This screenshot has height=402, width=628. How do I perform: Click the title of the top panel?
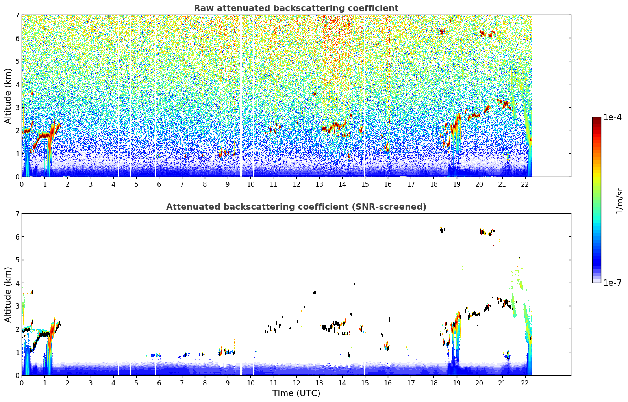[x=296, y=8]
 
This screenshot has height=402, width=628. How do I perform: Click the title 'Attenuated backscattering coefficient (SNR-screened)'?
[x=296, y=207]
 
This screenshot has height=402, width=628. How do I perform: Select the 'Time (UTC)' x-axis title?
[x=296, y=393]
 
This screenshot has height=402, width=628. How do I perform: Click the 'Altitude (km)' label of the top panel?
[x=8, y=96]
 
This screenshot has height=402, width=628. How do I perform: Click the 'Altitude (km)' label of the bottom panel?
[x=8, y=294]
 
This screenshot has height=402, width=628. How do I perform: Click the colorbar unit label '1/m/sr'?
[x=619, y=201]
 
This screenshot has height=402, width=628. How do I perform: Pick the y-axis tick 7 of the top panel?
[x=17, y=15]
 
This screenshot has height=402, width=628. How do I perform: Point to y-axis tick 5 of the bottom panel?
[x=17, y=260]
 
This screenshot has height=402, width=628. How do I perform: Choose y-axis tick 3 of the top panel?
[x=17, y=107]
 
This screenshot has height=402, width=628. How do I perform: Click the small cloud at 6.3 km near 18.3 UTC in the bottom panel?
[x=442, y=230]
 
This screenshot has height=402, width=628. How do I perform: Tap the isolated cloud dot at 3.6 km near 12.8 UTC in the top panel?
[x=315, y=94]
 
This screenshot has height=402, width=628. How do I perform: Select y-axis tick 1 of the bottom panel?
[x=17, y=352]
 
